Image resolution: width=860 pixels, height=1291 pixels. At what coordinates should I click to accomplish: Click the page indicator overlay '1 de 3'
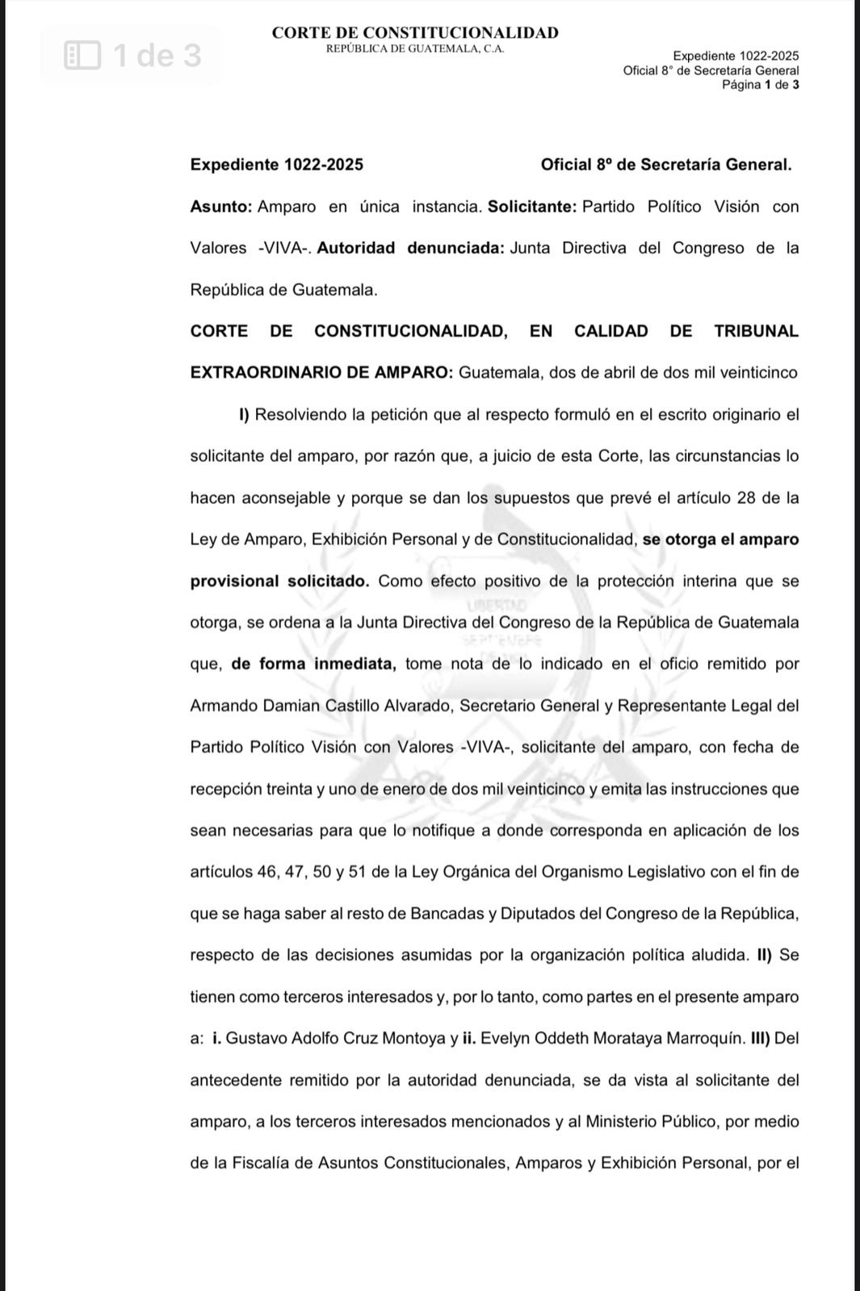tap(157, 56)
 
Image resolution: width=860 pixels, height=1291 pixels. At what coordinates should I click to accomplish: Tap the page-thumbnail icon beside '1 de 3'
tap(82, 56)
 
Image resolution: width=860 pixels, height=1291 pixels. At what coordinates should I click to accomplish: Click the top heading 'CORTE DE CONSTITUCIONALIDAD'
tap(415, 33)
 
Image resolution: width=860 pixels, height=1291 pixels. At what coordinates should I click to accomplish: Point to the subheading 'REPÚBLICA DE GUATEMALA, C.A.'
tap(415, 48)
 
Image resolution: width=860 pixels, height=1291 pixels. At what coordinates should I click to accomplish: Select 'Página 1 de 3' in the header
tap(760, 84)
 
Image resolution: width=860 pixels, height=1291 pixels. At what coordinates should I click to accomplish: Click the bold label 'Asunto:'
tap(220, 207)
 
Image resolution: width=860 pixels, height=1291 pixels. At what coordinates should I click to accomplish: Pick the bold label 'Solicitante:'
tap(532, 207)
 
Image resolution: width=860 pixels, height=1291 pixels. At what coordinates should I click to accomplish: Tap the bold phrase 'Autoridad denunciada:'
tap(410, 248)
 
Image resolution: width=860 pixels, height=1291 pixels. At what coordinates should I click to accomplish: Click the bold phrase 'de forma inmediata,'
tap(313, 664)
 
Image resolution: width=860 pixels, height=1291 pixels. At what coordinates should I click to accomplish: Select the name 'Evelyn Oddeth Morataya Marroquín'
tap(612, 1038)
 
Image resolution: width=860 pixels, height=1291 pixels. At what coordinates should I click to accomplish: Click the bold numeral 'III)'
tap(761, 1038)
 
